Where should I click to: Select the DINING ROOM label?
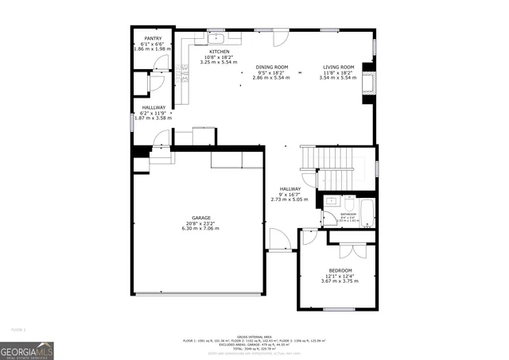[271, 67]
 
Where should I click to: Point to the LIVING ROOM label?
[338, 67]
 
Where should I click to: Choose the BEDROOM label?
[340, 271]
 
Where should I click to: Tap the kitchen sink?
[216, 37]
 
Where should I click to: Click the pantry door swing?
[157, 80]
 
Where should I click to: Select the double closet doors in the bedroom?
[351, 251]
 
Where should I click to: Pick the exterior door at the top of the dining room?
[280, 37]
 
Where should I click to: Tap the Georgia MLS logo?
[27, 350]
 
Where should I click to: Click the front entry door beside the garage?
[278, 239]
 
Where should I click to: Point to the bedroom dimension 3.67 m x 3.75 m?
[340, 281]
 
